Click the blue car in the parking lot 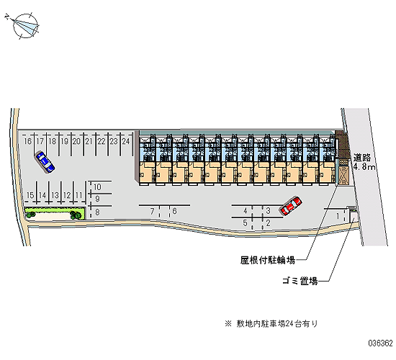[x=45, y=162]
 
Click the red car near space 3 [x=290, y=206]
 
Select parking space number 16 [x=27, y=141]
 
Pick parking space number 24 [x=126, y=141]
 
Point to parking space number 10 [x=97, y=187]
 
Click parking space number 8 [x=97, y=212]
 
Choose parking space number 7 [x=152, y=211]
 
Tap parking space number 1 [x=338, y=216]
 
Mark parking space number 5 [x=245, y=223]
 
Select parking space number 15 [x=30, y=195]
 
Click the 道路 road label [x=362, y=158]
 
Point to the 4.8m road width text [x=364, y=167]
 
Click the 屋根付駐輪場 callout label [x=268, y=260]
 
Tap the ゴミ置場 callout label [x=300, y=281]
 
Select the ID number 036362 [x=381, y=343]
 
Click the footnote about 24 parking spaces [x=271, y=323]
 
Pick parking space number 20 [x=76, y=141]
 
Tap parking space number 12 [x=67, y=195]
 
